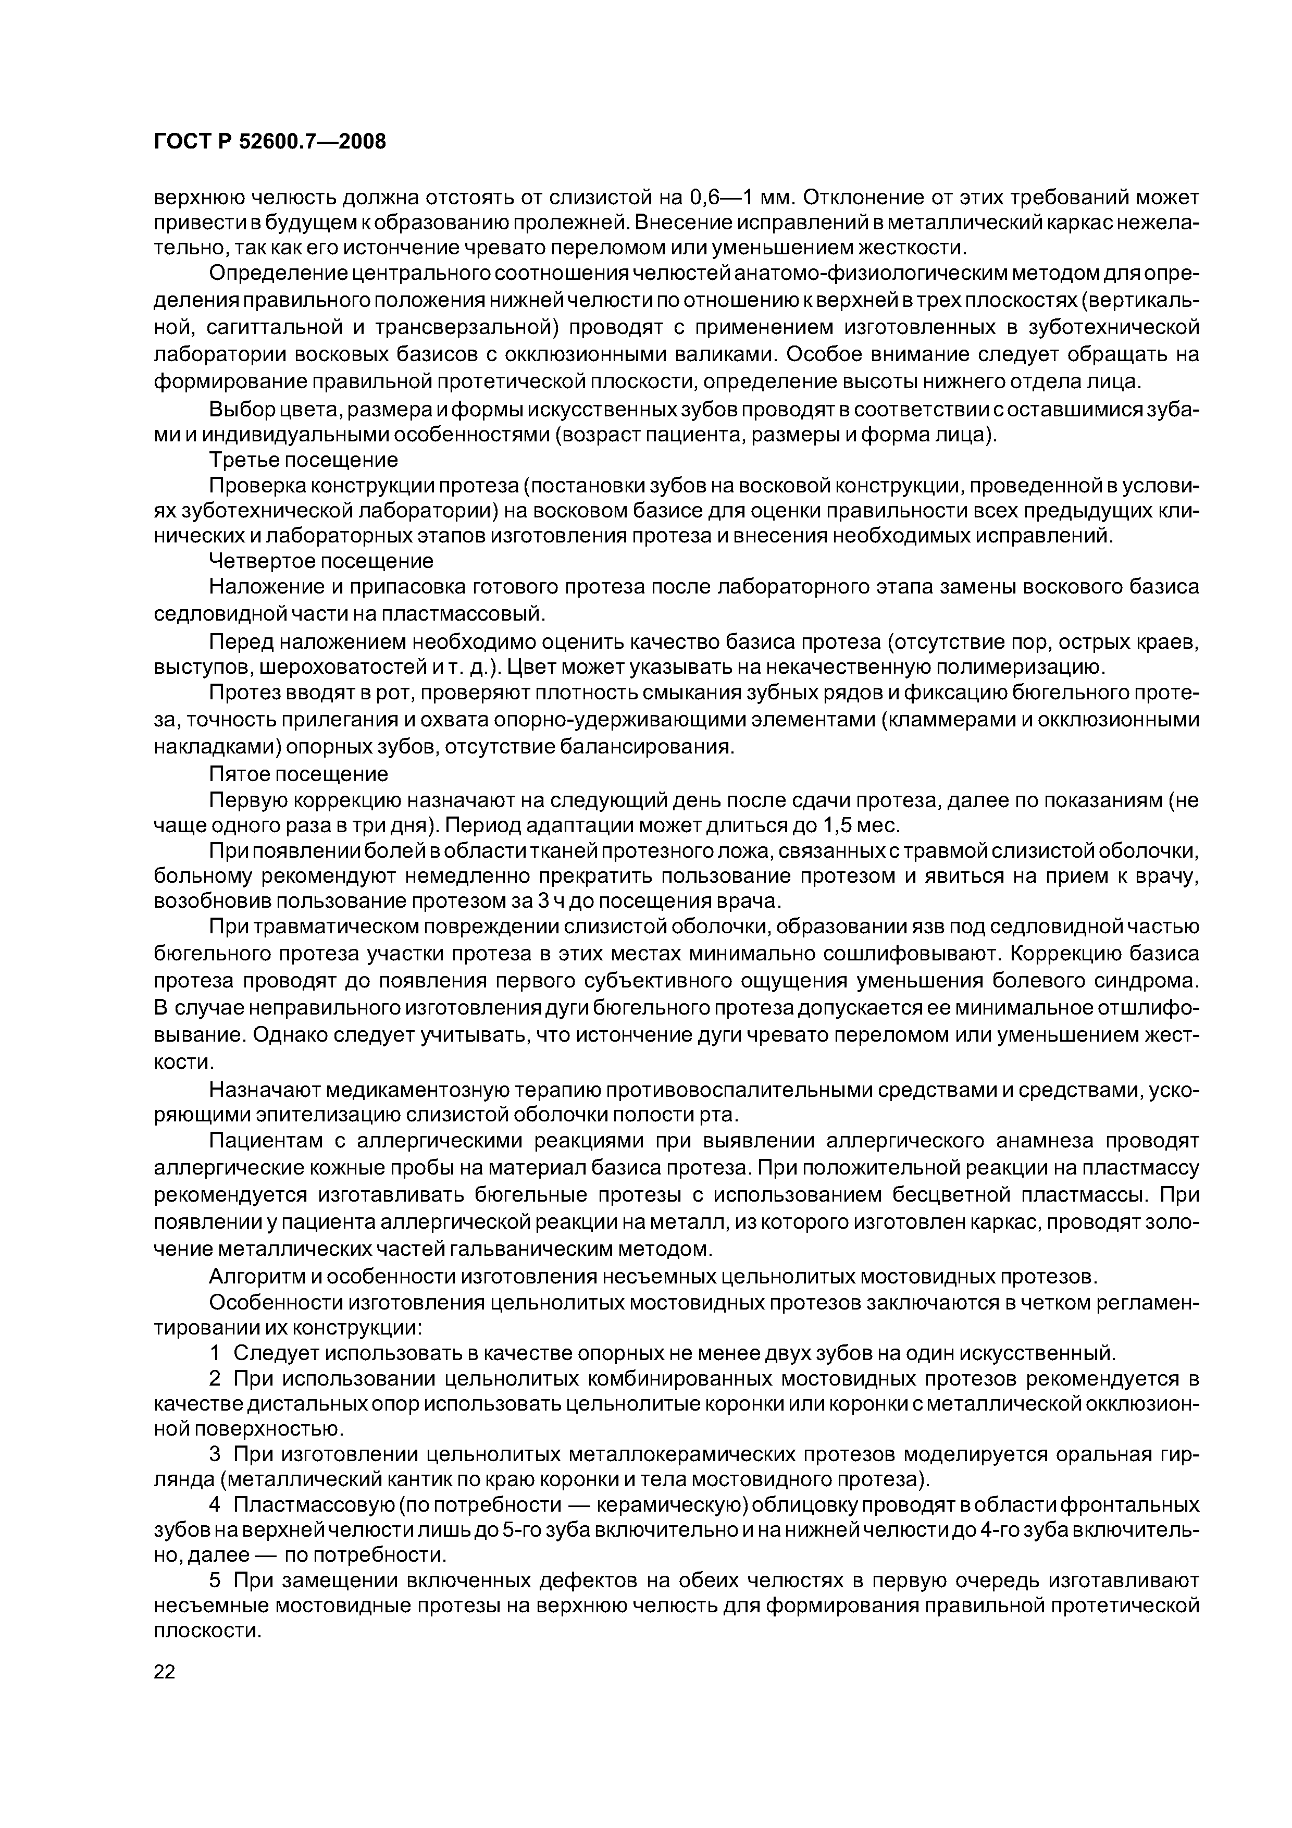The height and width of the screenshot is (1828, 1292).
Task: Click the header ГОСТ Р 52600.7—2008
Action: point(269,142)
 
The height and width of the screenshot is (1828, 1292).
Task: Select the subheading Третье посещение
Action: point(303,460)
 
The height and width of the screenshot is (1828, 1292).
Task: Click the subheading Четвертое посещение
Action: point(321,561)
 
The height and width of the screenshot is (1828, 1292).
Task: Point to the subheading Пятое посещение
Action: point(299,774)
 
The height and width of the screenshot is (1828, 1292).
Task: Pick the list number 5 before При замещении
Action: point(215,1579)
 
